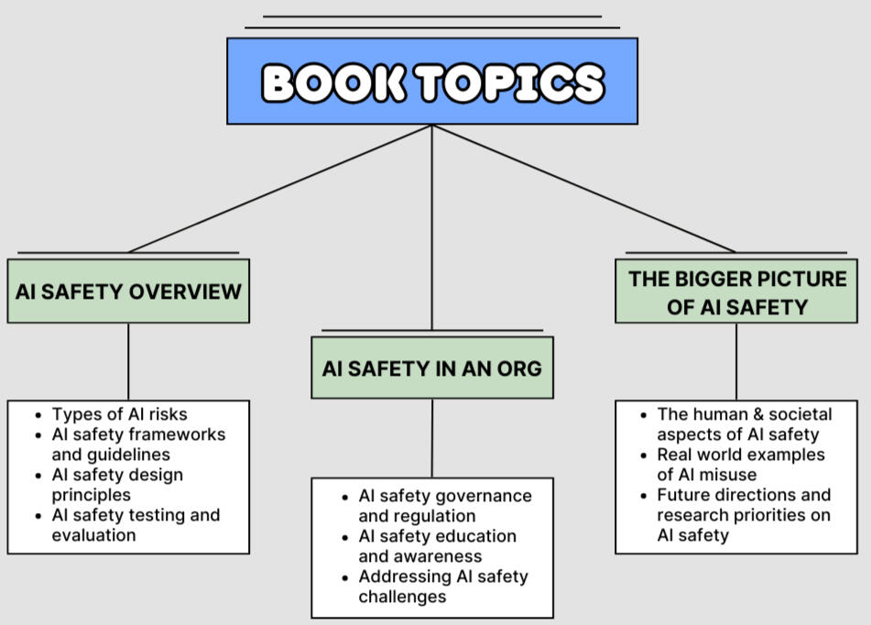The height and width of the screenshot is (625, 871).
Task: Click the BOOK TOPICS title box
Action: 432,82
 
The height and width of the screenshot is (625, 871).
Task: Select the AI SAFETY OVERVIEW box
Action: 128,291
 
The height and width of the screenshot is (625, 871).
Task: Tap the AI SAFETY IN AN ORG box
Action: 432,367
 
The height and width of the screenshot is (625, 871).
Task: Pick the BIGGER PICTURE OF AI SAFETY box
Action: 736,291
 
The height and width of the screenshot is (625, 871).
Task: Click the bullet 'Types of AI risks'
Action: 119,414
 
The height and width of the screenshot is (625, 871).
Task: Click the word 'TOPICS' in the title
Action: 510,82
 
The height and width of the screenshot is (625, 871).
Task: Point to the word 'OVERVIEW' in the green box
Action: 186,291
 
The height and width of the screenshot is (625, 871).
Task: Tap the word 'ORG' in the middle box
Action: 519,368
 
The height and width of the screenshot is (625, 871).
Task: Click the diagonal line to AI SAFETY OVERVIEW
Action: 280,189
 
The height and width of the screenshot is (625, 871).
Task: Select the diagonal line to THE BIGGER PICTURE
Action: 583,189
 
